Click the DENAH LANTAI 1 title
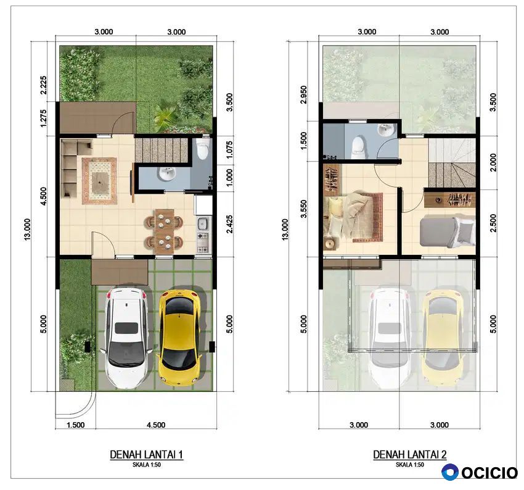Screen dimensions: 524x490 pyautogui.click(x=146, y=455)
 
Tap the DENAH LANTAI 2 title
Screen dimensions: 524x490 pyautogui.click(x=410, y=455)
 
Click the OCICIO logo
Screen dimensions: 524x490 pyautogui.click(x=480, y=472)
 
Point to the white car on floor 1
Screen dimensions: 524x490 pyautogui.click(x=126, y=338)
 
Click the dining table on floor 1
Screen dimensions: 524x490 pyautogui.click(x=164, y=231)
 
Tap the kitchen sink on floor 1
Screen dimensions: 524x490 pyautogui.click(x=203, y=223)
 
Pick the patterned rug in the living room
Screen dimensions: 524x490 pyautogui.click(x=99, y=181)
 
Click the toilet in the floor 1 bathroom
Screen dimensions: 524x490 pyautogui.click(x=203, y=149)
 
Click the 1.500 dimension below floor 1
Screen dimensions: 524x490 pyautogui.click(x=76, y=425)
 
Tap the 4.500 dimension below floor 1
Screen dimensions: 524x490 pyautogui.click(x=156, y=425)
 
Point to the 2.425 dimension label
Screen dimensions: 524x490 pyautogui.click(x=229, y=224)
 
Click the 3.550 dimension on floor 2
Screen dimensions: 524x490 pyautogui.click(x=303, y=209)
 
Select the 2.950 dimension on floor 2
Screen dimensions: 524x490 pyautogui.click(x=303, y=94)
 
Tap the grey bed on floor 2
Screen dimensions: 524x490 pyautogui.click(x=447, y=233)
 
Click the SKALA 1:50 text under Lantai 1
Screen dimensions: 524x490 pyautogui.click(x=146, y=465)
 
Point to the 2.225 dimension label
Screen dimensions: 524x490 pyautogui.click(x=43, y=85)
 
